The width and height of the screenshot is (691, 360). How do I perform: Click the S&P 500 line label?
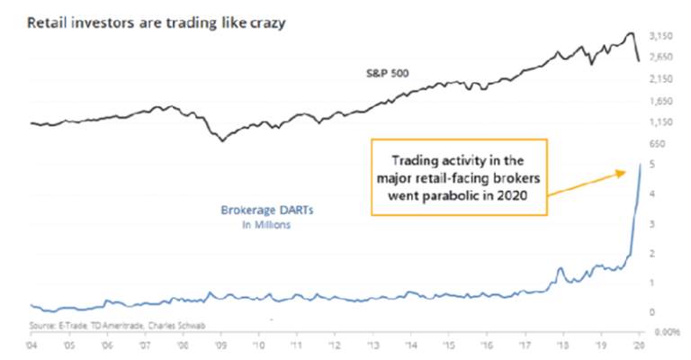click(369, 71)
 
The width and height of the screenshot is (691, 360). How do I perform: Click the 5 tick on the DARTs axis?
click(651, 165)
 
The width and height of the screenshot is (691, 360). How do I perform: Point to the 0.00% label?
click(663, 333)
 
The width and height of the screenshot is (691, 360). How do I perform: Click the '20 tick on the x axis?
click(637, 344)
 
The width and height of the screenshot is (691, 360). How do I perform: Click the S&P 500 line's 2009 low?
click(223, 142)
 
